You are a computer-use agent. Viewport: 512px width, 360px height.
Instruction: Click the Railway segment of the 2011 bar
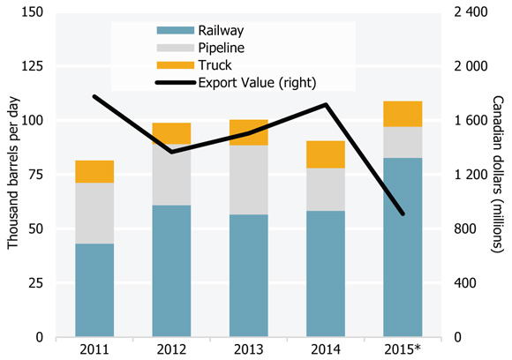[x=94, y=290]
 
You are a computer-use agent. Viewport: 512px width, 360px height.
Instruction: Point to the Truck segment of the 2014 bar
[x=325, y=154]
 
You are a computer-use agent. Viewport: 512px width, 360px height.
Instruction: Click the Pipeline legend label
[x=222, y=47]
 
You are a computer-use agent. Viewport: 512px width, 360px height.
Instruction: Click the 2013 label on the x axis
[x=248, y=349]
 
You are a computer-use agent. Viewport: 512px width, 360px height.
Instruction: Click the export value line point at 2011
[x=94, y=96]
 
